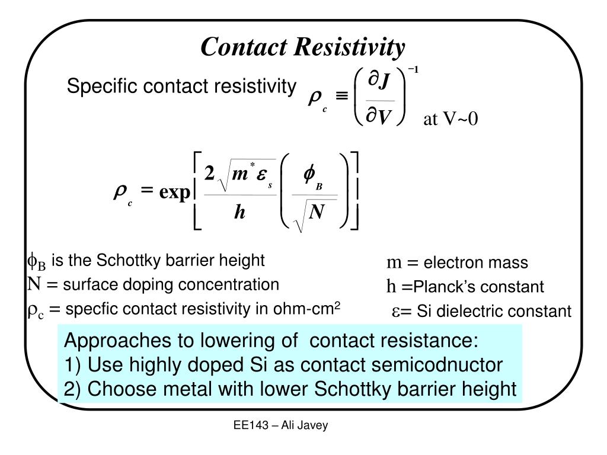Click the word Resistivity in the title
coord(349,47)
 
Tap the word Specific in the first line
coord(102,86)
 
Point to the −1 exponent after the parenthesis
coord(413,70)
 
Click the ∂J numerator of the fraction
coord(379,81)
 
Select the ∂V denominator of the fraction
coord(379,116)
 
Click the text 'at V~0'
coord(451,118)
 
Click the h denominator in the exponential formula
coord(239,212)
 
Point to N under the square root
coord(317,212)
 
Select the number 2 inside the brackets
coord(209,173)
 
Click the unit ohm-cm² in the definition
coord(306,309)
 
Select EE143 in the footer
coord(251,425)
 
